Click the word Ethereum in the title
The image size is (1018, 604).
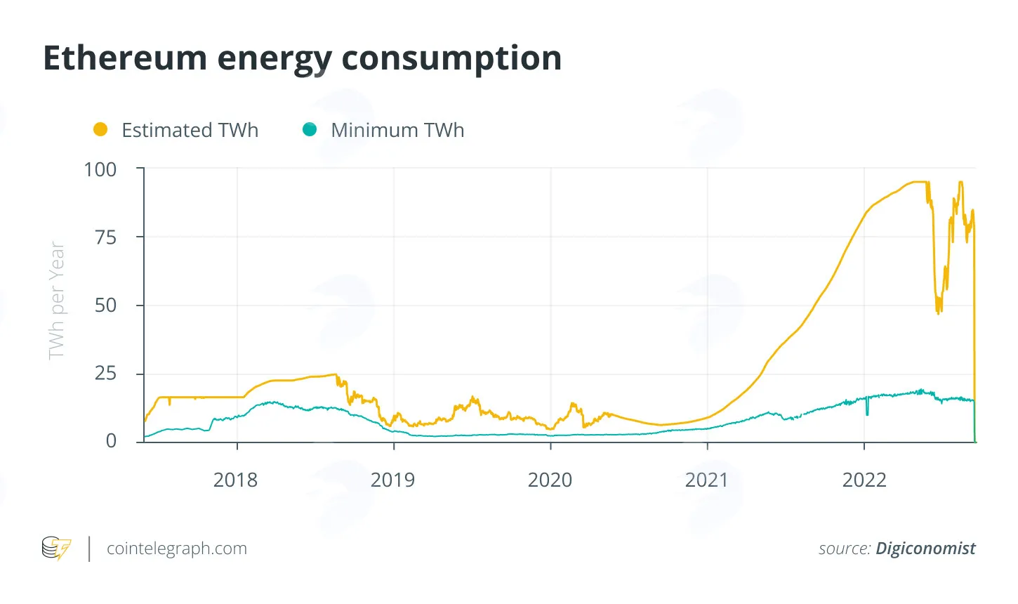126,58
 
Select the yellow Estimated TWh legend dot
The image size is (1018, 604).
100,129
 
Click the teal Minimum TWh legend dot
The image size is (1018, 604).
310,129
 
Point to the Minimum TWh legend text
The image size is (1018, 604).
397,130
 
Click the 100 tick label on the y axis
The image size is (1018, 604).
100,169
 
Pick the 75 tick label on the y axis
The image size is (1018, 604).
105,237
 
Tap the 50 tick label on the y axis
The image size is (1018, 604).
105,306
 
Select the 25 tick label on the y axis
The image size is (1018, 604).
105,374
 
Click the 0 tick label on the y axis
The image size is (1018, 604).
112,441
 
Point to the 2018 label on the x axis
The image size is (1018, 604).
235,480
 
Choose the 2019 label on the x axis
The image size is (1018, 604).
392,480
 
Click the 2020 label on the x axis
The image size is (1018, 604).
550,480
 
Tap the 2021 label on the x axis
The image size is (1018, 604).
707,480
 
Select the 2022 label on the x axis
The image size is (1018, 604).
864,480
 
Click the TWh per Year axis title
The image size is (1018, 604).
57,301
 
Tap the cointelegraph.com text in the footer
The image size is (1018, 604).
177,549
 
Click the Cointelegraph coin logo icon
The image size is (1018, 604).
56,548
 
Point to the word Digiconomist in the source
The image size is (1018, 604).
925,549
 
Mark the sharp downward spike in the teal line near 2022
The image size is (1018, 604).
867,407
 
